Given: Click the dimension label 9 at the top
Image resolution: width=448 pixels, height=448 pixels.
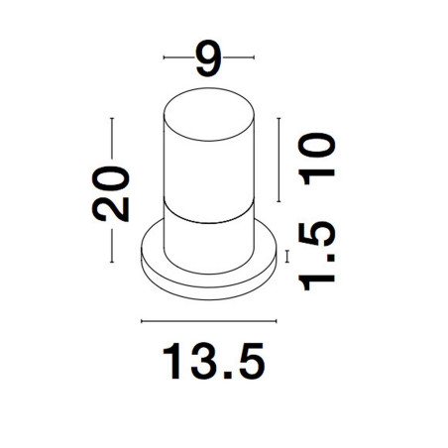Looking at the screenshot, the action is tap(208, 58).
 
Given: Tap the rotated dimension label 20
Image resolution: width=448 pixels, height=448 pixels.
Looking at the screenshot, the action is tap(111, 193).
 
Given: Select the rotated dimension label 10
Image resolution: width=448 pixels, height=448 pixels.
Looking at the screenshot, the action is tap(316, 159).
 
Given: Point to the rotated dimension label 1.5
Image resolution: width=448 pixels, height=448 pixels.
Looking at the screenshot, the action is tap(316, 256).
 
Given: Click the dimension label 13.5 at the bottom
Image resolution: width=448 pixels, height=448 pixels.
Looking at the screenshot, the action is tap(214, 361).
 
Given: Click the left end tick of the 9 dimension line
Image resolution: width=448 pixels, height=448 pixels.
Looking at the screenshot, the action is tap(164, 57).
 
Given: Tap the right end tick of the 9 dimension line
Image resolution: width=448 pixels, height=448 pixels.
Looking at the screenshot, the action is tap(254, 57).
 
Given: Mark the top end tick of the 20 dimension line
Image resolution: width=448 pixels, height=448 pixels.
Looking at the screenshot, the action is tap(112, 118).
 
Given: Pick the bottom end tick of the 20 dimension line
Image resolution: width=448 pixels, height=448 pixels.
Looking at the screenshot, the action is tap(112, 263).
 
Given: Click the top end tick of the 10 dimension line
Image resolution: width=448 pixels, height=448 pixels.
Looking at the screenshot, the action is tap(279, 118).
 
